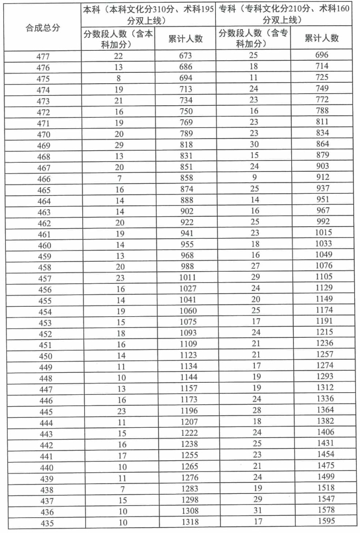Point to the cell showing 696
coord(322,55)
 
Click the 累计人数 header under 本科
coord(185,39)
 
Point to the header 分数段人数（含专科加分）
coord(253,39)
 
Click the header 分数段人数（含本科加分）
coord(118,39)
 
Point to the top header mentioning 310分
coord(148,14)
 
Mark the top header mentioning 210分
coord(284,14)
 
